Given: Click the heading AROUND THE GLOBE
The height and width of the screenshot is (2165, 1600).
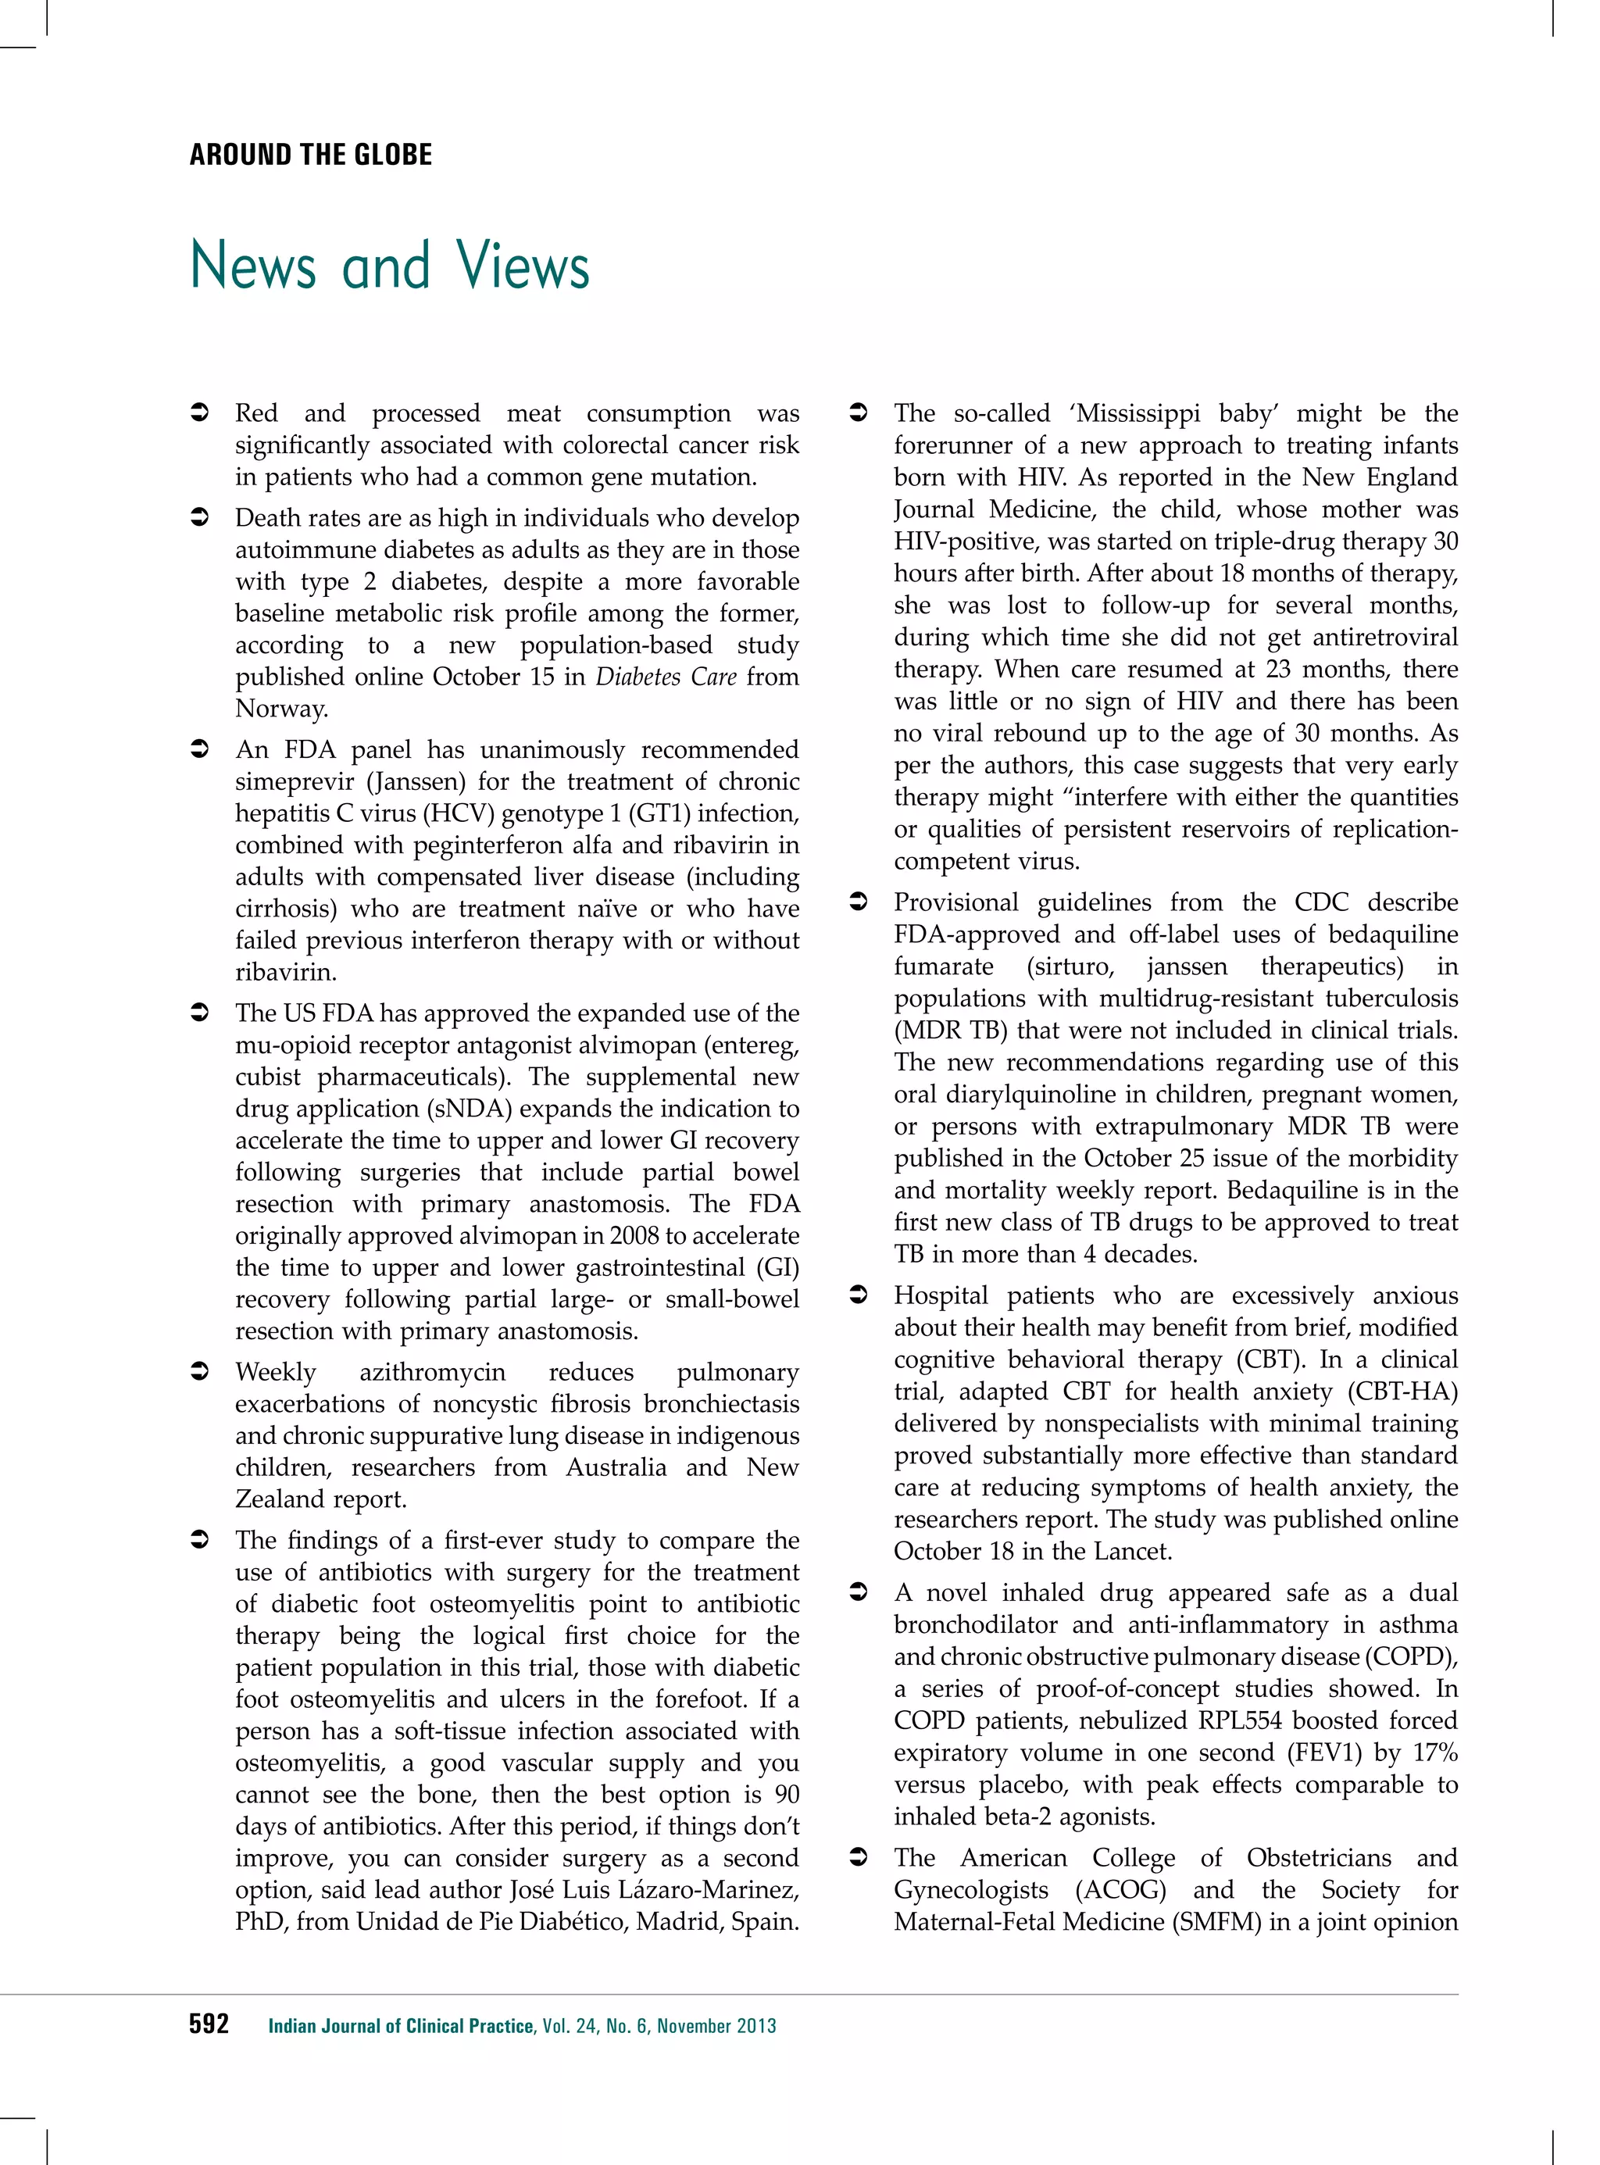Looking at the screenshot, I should coord(311,155).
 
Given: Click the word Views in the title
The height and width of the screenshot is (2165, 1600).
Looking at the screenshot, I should coord(523,266).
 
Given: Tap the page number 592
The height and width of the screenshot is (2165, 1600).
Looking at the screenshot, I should coord(209,2024).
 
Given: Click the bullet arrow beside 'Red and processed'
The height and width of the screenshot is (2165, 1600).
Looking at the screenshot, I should coord(198,413).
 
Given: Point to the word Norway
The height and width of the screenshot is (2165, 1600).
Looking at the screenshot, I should coord(281,709).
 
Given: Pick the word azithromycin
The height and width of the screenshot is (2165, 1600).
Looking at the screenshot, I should coord(432,1373).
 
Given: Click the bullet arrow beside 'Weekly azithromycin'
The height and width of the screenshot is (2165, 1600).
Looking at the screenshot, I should coord(198,1373).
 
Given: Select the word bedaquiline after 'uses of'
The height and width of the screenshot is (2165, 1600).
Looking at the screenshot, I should coord(1393,934).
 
